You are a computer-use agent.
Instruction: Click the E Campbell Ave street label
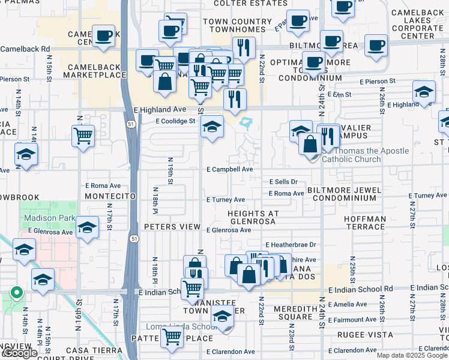(229, 169)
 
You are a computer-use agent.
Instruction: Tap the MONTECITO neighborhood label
(107, 196)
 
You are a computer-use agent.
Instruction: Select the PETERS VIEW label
(172, 226)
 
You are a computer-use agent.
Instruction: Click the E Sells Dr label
(283, 181)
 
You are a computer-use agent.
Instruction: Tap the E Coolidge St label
(176, 121)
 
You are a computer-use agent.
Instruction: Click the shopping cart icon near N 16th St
(83, 135)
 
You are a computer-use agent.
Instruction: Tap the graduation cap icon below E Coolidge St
(211, 127)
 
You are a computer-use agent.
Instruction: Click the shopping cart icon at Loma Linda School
(172, 337)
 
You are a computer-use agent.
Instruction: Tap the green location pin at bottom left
(16, 293)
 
